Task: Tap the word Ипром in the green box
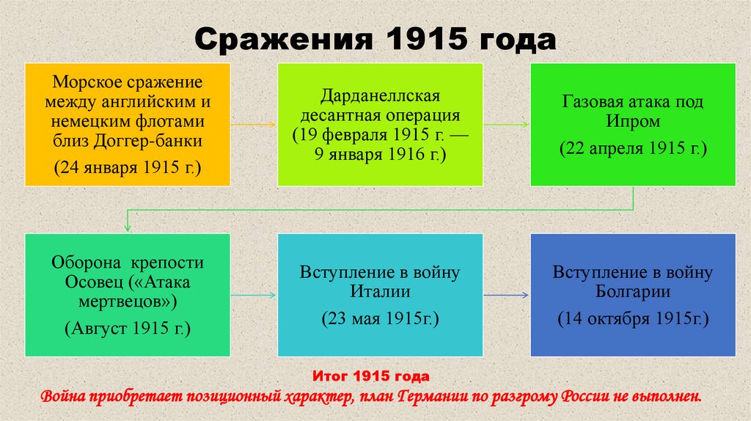(633, 120)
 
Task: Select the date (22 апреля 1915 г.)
(633, 149)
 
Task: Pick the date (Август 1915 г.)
(128, 328)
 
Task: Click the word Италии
(379, 291)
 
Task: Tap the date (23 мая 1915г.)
(379, 320)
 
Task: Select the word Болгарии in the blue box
(633, 291)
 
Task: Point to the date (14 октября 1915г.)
(633, 320)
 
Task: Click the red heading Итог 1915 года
(370, 377)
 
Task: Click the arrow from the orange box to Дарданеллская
(254, 125)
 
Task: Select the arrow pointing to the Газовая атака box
(508, 125)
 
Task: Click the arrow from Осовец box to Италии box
(254, 295)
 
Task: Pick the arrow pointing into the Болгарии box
(508, 295)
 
